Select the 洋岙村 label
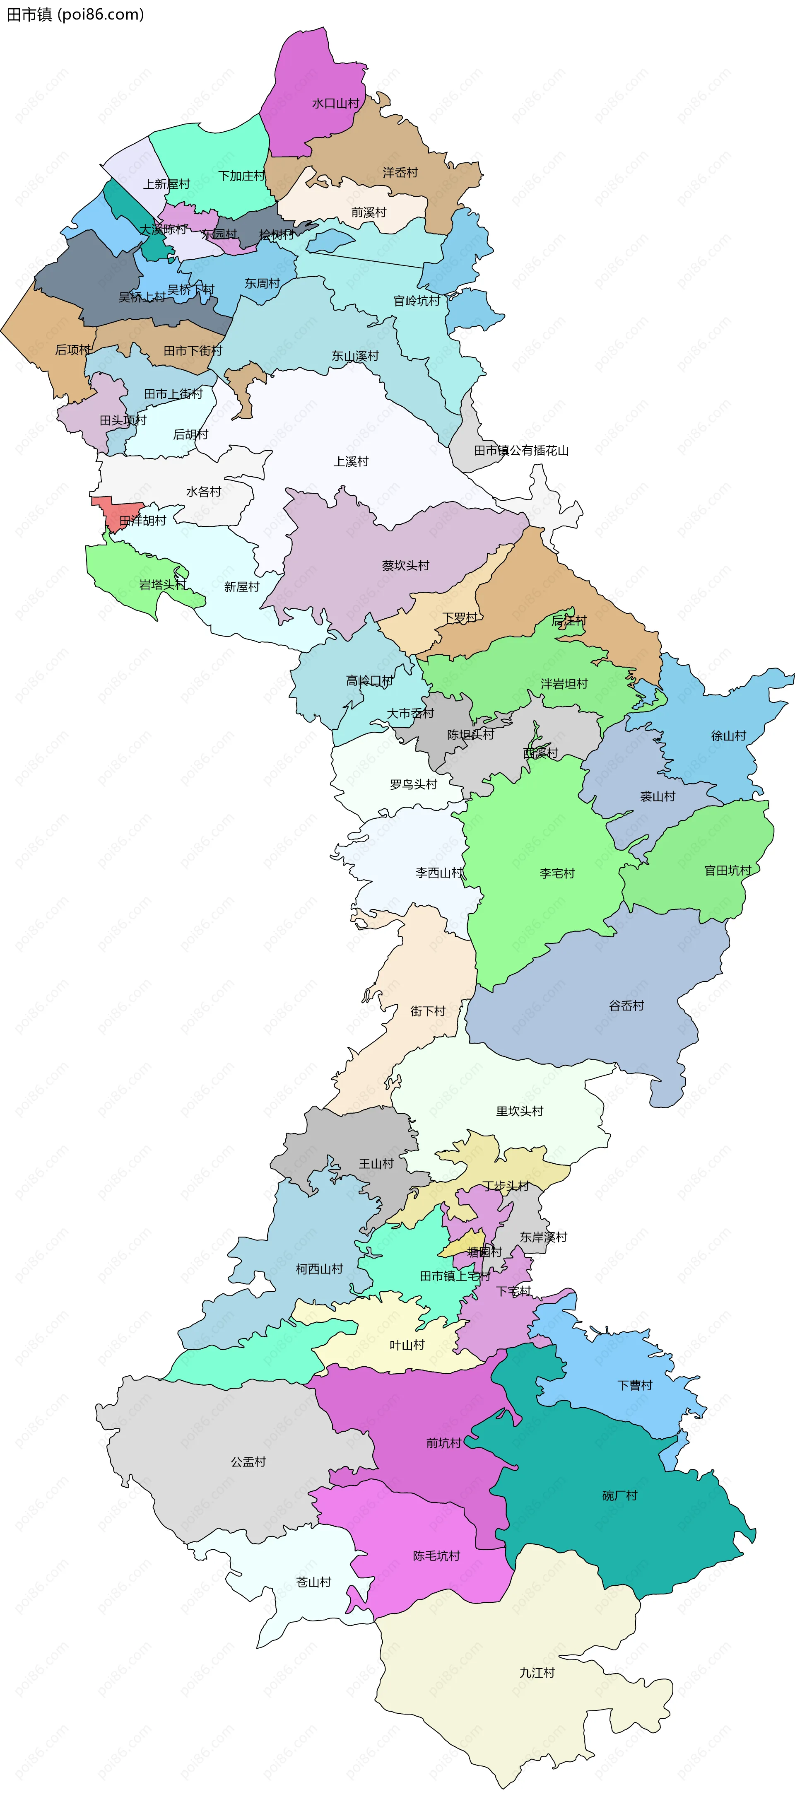coord(400,172)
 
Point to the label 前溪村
coord(369,212)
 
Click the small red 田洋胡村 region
coord(113,509)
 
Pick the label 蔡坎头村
coord(405,565)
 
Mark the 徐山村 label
coord(728,735)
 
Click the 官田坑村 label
coord(728,870)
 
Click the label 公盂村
coord(248,1461)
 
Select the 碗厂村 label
coord(619,1495)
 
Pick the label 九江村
coord(537,1672)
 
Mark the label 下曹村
coord(635,1385)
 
